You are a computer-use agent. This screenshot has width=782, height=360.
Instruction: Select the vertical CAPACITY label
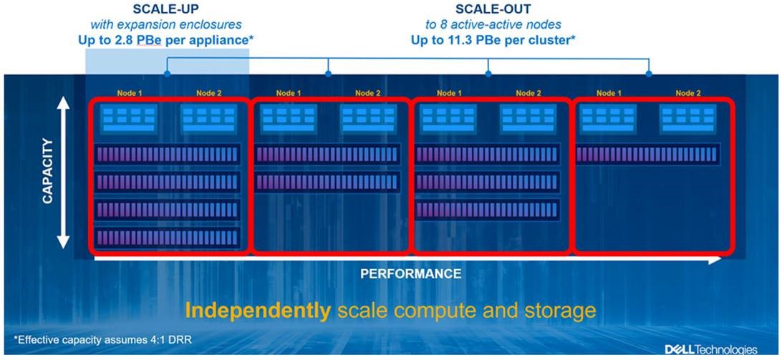[x=48, y=172]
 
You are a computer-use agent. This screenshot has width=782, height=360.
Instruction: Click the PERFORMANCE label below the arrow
[x=410, y=273]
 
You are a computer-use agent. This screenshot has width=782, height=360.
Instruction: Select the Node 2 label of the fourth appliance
[x=687, y=93]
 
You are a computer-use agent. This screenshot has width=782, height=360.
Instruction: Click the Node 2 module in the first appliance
[x=208, y=119]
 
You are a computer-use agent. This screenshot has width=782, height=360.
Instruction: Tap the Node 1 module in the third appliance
[x=448, y=119]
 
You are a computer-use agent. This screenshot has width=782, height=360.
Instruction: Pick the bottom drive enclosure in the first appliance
[x=167, y=237]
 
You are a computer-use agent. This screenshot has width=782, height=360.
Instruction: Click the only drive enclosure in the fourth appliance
[x=647, y=154]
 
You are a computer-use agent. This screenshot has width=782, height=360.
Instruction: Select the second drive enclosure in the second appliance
[x=327, y=182]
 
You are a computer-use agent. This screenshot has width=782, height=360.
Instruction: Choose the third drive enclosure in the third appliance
[x=488, y=209]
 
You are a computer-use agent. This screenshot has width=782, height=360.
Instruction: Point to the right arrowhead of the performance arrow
[x=716, y=260]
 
